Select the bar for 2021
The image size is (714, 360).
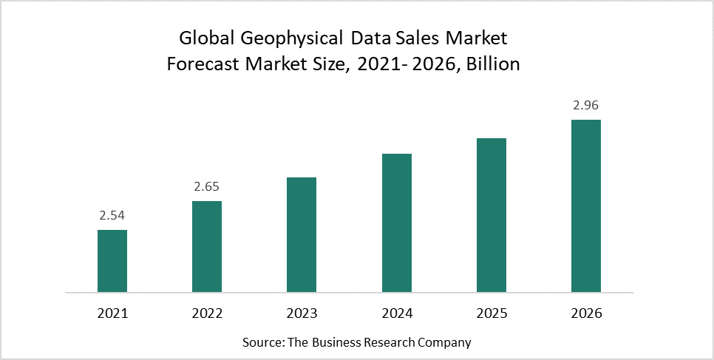click(112, 261)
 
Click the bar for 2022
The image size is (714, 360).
click(207, 246)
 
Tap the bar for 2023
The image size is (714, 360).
click(302, 234)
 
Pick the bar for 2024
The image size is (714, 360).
click(396, 223)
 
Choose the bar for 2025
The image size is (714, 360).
click(491, 215)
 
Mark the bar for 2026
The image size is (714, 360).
click(586, 206)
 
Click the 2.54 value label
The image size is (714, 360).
click(112, 216)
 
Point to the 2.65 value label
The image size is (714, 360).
click(207, 186)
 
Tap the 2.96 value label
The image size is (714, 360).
click(586, 105)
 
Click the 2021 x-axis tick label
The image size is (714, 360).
click(112, 313)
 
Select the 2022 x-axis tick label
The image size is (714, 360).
click(207, 313)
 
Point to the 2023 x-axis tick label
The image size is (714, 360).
click(302, 313)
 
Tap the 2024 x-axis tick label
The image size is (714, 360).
click(396, 313)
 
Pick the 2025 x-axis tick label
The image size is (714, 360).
click(491, 313)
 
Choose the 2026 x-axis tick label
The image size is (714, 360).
click(586, 313)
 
